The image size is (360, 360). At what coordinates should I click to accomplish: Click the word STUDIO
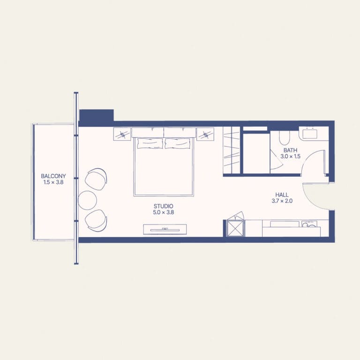point(164,206)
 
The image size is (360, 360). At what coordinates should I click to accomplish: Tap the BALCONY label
point(53,176)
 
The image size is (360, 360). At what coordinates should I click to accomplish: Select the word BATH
point(291,150)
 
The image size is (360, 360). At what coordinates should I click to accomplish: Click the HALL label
point(282,195)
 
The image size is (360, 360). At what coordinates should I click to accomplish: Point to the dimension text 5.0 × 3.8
point(164,212)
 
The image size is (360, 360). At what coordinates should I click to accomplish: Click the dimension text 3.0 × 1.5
point(291,157)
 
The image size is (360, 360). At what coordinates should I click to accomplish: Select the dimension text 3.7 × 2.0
point(282,201)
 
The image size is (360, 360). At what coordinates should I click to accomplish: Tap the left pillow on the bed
point(150,143)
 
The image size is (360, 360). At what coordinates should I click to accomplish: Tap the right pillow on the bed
point(178,143)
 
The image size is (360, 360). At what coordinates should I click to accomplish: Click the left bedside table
point(122,134)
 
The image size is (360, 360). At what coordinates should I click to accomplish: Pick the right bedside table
point(205,134)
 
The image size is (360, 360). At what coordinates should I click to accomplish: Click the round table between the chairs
point(88,201)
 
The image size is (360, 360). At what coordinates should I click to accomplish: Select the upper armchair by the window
point(96,179)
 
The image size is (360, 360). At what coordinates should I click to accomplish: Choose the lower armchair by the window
point(96,220)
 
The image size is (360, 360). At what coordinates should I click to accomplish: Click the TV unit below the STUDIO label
point(165,229)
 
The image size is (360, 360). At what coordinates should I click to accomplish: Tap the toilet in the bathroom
point(285,138)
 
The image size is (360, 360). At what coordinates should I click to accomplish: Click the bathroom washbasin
point(310,134)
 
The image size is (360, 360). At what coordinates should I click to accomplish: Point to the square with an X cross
point(235,228)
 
